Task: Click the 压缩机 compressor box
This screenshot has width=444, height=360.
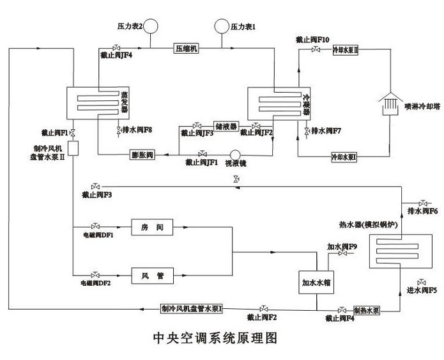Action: click(x=187, y=49)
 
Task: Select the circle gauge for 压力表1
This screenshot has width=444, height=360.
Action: click(x=222, y=26)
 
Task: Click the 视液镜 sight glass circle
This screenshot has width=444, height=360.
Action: click(x=235, y=154)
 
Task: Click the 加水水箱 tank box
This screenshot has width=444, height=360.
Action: click(x=318, y=281)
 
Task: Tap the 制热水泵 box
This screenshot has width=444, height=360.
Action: click(x=367, y=309)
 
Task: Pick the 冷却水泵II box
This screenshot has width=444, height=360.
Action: click(x=346, y=49)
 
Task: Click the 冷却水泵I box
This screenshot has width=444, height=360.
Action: click(x=344, y=156)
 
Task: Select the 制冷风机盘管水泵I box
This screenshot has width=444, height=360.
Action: click(x=192, y=309)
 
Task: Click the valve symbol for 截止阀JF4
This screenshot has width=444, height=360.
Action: click(x=115, y=48)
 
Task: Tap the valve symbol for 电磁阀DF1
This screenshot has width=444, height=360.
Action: click(x=95, y=226)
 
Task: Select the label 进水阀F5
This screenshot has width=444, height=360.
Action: click(x=422, y=290)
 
